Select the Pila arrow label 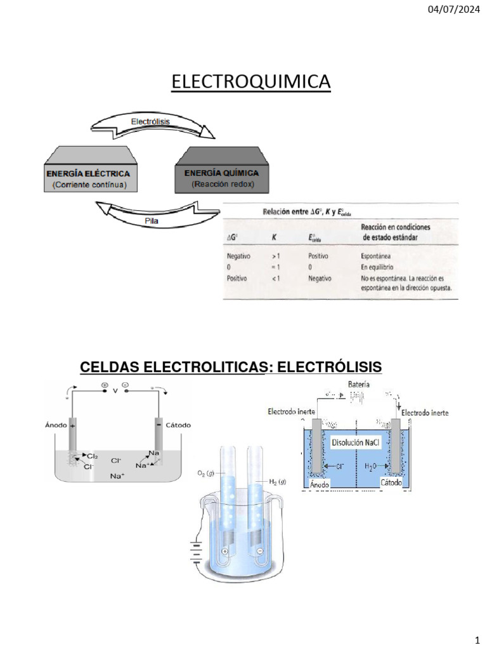click(x=151, y=220)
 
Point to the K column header click(x=274, y=237)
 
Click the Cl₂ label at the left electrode click(x=92, y=456)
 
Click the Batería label click(x=360, y=384)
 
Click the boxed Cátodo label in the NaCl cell click(x=391, y=484)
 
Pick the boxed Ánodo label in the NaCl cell click(x=321, y=485)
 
